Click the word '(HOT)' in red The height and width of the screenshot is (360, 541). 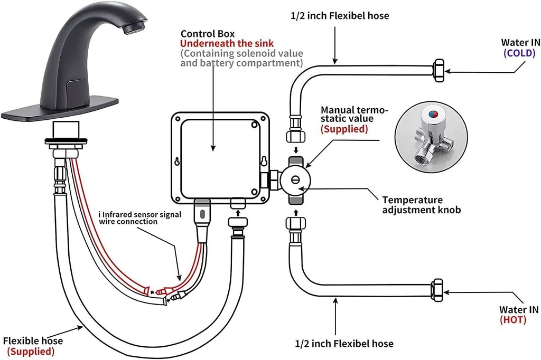[x=512, y=319]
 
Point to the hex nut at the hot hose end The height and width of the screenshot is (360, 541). [x=438, y=289]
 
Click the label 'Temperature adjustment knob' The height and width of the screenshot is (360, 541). [x=421, y=205]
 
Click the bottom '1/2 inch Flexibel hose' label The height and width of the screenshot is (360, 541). [x=344, y=344]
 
